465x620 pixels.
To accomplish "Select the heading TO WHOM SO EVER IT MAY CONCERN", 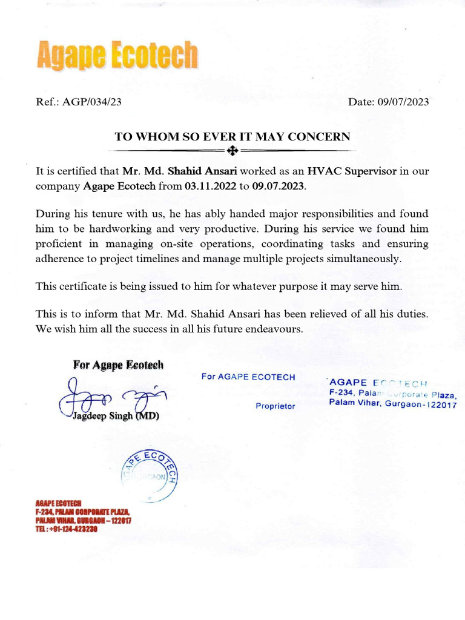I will [x=232, y=137].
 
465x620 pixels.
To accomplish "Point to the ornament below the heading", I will [x=232, y=150].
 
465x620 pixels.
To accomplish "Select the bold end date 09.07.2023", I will [x=279, y=186].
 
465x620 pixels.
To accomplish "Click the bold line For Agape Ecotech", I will [x=118, y=364].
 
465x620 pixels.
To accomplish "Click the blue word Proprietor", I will [x=275, y=406].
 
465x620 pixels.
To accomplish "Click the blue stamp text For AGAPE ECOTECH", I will [x=248, y=377].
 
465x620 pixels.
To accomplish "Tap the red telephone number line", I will [x=67, y=529].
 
